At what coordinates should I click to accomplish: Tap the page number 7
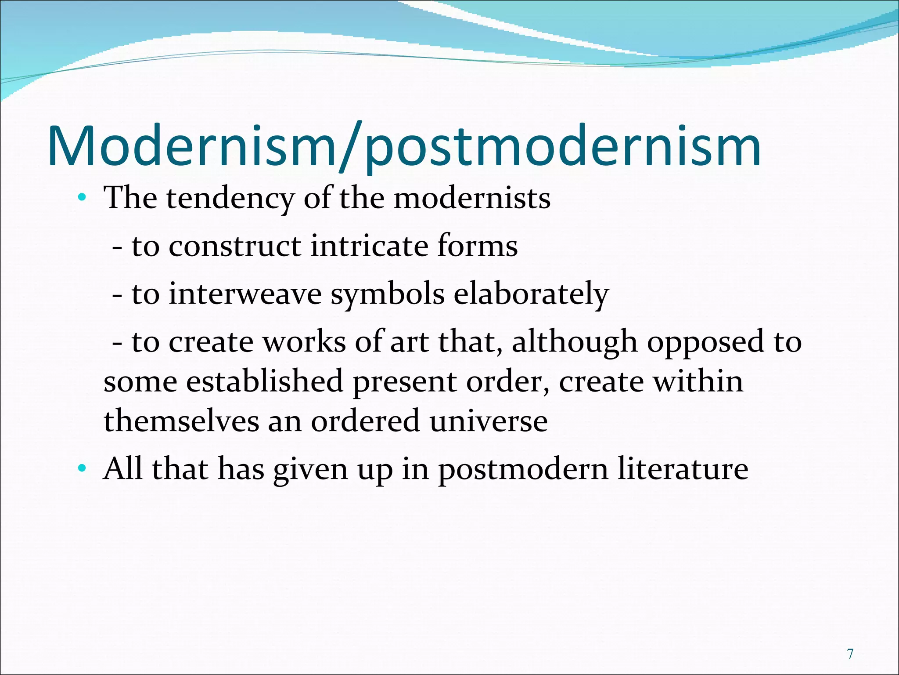point(850,654)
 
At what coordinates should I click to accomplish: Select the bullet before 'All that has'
point(82,469)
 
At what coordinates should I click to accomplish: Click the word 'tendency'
point(230,199)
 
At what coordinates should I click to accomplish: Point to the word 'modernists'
point(472,198)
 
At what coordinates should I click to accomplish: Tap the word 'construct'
point(235,246)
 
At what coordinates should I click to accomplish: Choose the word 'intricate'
point(369,246)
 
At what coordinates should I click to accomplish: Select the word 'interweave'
point(245,294)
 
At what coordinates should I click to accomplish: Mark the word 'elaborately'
point(531,294)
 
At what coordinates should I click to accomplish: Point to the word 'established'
point(264,381)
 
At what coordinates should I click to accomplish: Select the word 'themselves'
point(181,421)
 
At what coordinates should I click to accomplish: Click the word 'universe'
point(488,421)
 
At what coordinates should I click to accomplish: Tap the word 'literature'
point(683,469)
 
